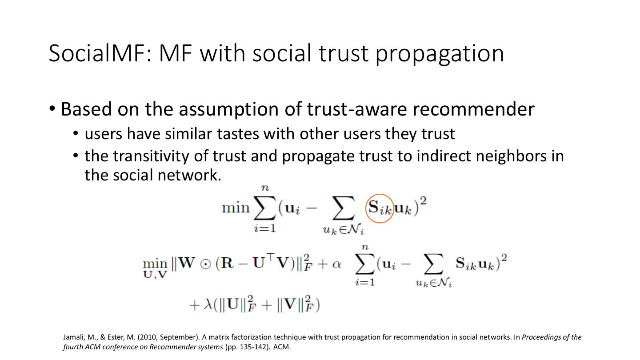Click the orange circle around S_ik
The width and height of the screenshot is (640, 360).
click(x=380, y=208)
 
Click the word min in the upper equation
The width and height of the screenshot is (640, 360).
click(x=236, y=208)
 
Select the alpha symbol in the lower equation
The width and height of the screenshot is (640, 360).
click(x=336, y=264)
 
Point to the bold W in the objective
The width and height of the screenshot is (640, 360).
click(x=186, y=264)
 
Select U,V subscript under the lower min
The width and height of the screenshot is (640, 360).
click(x=155, y=275)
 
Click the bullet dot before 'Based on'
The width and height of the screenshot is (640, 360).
click(x=52, y=109)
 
